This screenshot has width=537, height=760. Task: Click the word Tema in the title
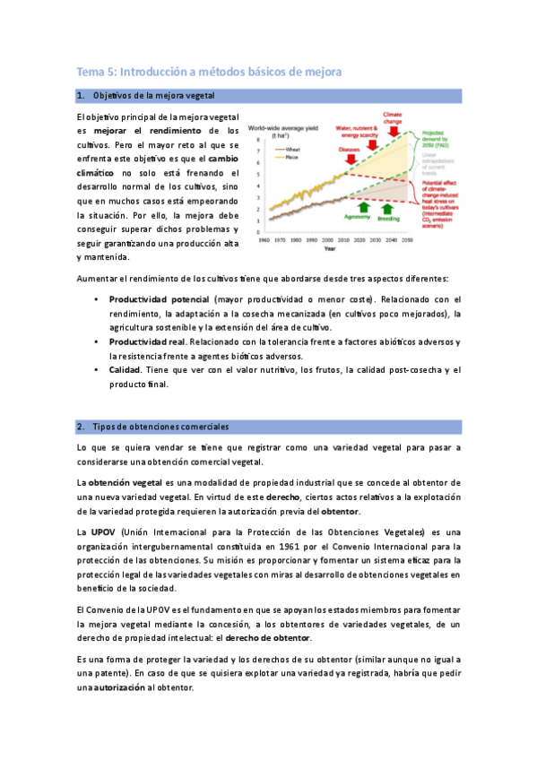pyautogui.click(x=88, y=71)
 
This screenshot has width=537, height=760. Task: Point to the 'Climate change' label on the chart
pyautogui.click(x=392, y=119)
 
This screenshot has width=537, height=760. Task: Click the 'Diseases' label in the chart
pyautogui.click(x=350, y=150)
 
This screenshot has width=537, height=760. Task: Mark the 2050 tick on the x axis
pyautogui.click(x=406, y=241)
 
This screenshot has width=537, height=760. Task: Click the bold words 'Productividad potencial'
pyautogui.click(x=160, y=298)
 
